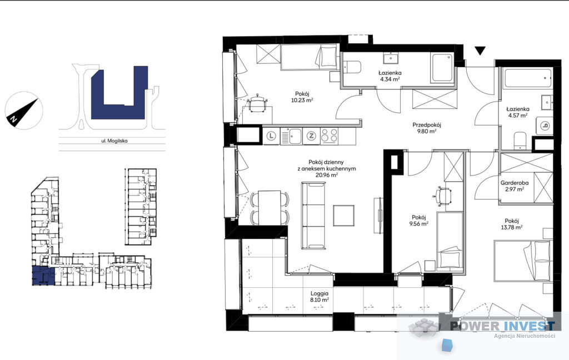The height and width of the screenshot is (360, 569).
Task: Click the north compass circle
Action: click(24, 111)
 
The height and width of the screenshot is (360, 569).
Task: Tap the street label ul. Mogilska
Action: click(114, 141)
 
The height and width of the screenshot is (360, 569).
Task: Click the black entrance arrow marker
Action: click(480, 51)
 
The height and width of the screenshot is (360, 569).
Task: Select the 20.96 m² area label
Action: click(327, 175)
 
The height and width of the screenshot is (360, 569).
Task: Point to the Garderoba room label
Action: click(515, 183)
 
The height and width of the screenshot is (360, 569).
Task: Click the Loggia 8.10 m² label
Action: click(320, 297)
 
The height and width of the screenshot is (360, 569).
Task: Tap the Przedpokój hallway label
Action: click(427, 125)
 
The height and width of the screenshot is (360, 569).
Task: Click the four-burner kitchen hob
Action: click(329, 136)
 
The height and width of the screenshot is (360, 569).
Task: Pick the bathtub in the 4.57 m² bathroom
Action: click(528, 77)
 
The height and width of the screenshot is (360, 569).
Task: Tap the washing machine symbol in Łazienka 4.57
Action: click(545, 126)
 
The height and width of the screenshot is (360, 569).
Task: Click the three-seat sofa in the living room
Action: click(313, 216)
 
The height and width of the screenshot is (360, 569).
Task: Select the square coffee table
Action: click(343, 216)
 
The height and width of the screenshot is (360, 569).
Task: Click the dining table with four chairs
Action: click(269, 208)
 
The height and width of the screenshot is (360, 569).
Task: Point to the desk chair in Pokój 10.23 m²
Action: click(257, 104)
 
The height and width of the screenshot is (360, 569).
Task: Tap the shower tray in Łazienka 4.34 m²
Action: click(442, 67)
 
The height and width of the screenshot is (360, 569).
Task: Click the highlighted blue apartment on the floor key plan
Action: click(44, 276)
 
